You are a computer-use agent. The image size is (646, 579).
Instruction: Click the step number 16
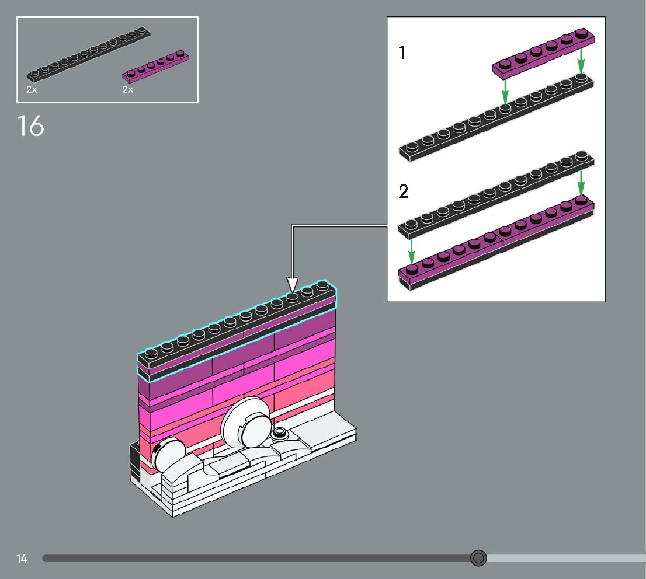[x=30, y=125]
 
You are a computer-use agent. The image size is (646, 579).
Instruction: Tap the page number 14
[x=22, y=559]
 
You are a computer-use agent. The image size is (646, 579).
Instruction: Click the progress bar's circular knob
[x=478, y=558]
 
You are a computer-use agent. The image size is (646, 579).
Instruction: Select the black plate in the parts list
[x=88, y=54]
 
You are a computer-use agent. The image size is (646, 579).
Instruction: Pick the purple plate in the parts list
[x=156, y=66]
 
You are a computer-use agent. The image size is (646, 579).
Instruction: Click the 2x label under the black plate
[x=32, y=89]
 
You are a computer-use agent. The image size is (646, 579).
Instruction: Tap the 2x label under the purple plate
[x=128, y=89]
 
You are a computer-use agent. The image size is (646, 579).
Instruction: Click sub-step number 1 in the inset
[x=402, y=53]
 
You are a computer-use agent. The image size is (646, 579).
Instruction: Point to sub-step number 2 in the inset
[x=404, y=191]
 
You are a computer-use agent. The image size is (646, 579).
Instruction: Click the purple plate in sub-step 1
[x=543, y=54]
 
